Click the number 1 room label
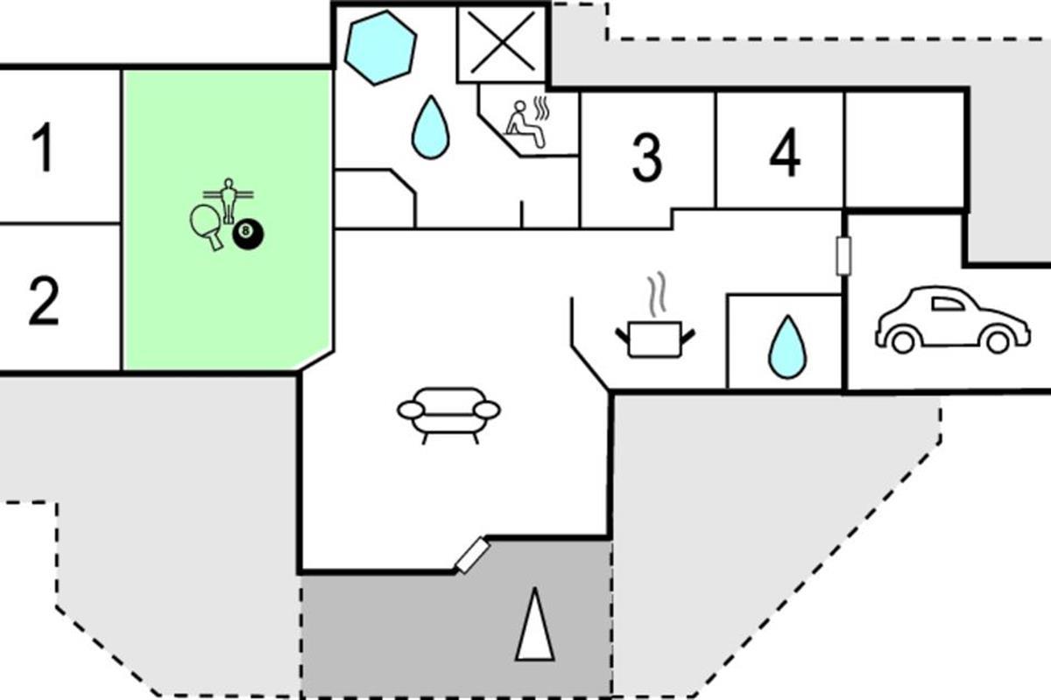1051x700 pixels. click(43, 147)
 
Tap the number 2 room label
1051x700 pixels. click(44, 301)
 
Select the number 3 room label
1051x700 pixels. click(647, 158)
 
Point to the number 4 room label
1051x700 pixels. click(785, 152)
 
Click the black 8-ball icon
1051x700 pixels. click(248, 234)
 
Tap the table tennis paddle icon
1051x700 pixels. click(208, 227)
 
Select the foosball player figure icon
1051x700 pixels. click(228, 200)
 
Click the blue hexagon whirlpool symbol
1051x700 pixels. click(380, 48)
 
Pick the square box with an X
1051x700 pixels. click(502, 43)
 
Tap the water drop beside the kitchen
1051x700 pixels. click(786, 347)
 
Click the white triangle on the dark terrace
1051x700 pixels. click(534, 624)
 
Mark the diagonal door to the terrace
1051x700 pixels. click(473, 556)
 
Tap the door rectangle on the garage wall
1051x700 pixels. click(843, 256)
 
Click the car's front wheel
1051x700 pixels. click(998, 342)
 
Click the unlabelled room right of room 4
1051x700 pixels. click(905, 150)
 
